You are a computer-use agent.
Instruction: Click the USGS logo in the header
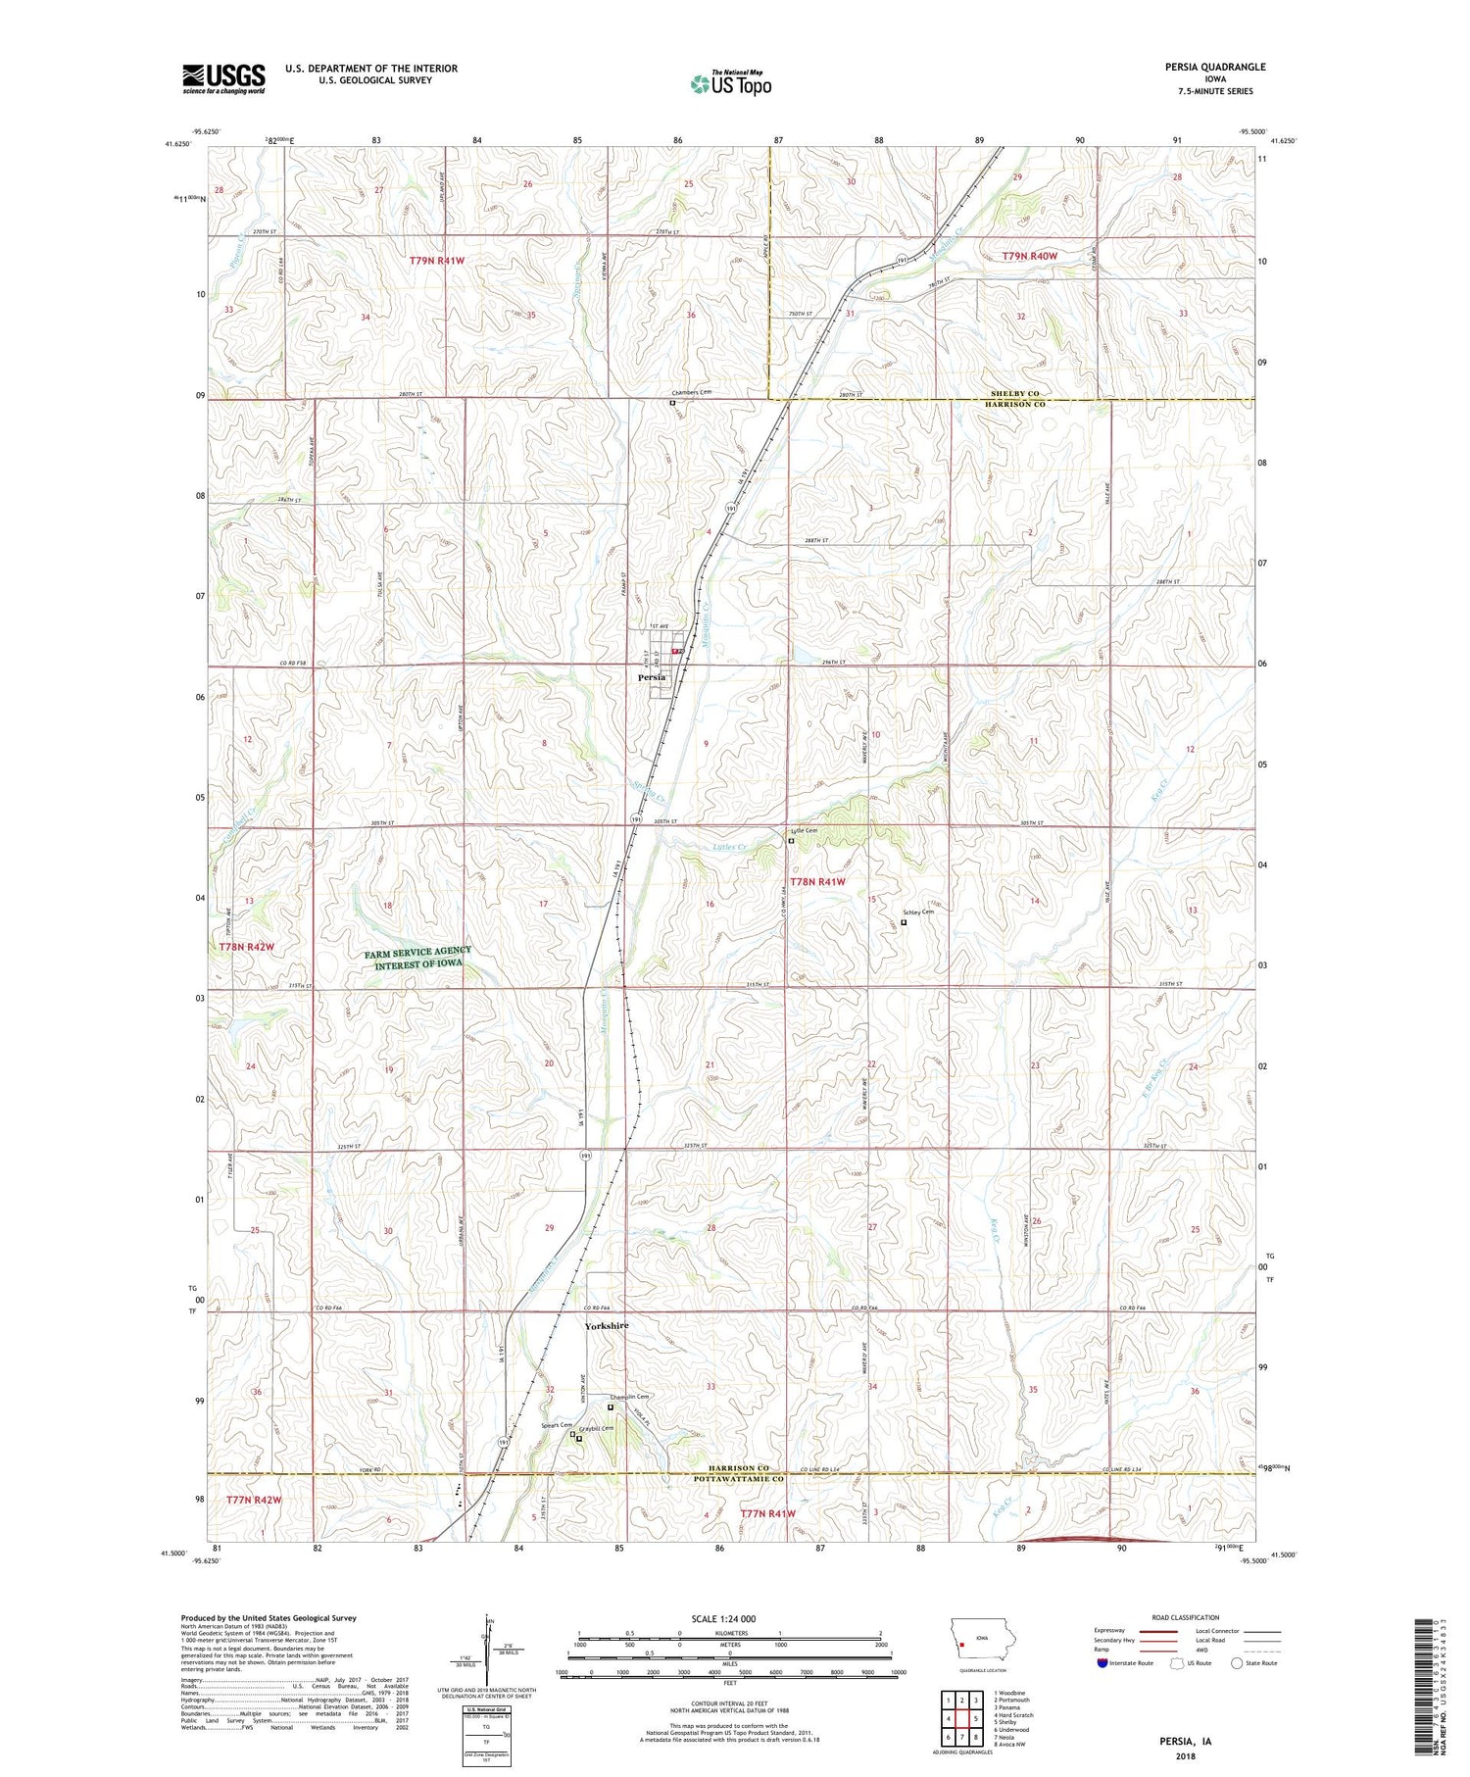coord(223,78)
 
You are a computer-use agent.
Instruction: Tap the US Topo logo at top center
coord(730,83)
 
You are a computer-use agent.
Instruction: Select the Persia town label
coord(652,677)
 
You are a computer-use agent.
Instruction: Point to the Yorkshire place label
coord(607,1325)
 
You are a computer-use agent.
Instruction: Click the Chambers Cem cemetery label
coord(692,392)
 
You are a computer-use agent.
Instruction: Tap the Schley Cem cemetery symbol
coord(904,921)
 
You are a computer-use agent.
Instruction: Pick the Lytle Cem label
coord(807,830)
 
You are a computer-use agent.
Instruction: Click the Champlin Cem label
coord(629,1397)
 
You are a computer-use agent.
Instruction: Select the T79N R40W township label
coord(1030,255)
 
